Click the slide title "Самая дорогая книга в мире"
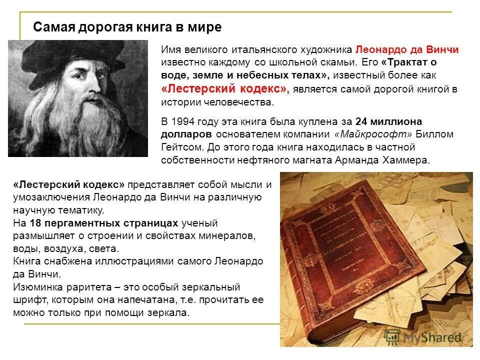pyautogui.click(x=127, y=27)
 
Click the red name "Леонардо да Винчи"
pyautogui.click(x=407, y=50)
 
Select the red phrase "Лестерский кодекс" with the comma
pyautogui.click(x=225, y=89)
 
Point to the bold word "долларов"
pyautogui.click(x=188, y=134)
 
